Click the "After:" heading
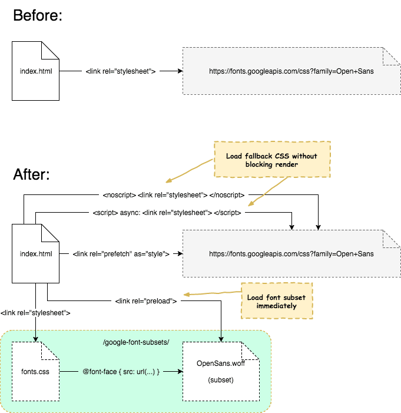31,174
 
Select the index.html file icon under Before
35,71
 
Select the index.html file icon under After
35,254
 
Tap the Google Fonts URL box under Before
291,71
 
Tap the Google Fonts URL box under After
291,254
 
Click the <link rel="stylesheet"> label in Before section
121,71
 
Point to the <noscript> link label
174,194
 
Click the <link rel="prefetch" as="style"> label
121,254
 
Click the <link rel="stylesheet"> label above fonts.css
35,313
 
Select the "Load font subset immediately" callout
276,301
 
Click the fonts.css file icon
35,372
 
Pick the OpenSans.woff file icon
221,372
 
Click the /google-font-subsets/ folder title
135,342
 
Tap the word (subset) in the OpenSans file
221,380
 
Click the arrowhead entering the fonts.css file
35,339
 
